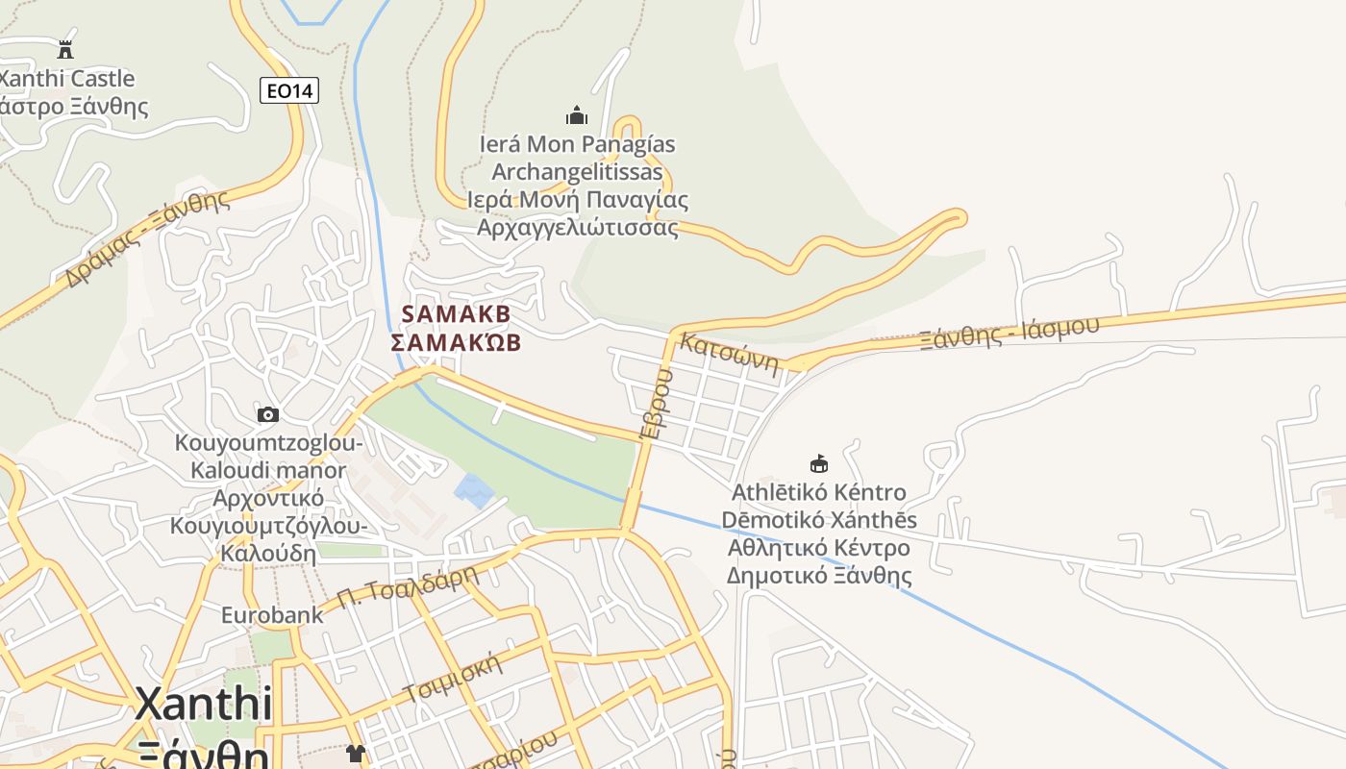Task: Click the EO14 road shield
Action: [x=288, y=91]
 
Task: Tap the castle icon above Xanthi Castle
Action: [x=65, y=49]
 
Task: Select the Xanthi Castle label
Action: [x=67, y=79]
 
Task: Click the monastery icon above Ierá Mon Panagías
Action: [x=577, y=115]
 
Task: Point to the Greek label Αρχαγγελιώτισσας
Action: [x=578, y=228]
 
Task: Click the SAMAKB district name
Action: [x=456, y=314]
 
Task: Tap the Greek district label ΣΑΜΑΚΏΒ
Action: [x=456, y=343]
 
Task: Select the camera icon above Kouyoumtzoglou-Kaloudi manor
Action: [x=268, y=414]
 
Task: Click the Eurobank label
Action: [x=273, y=614]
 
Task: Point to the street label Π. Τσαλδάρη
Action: [x=408, y=588]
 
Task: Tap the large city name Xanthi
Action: [x=203, y=705]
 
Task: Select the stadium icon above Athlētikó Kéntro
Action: [x=819, y=464]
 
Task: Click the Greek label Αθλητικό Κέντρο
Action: [x=819, y=549]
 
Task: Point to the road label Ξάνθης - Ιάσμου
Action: [x=1009, y=332]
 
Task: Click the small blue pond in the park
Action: [x=474, y=490]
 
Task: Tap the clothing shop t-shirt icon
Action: [x=356, y=753]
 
